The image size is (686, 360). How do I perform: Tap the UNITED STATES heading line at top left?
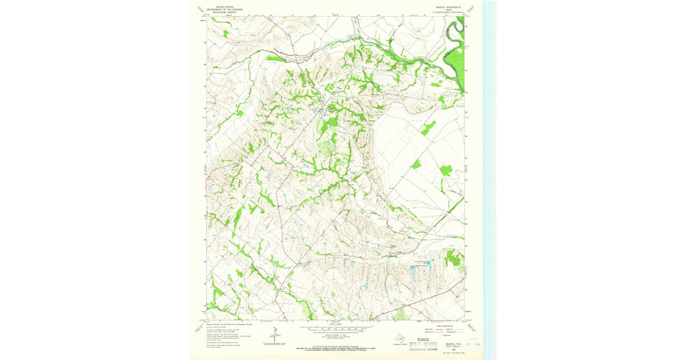tap(225, 6)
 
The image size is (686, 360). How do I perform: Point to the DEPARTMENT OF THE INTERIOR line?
tap(225, 9)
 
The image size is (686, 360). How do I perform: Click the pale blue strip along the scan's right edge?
tap(489, 171)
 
